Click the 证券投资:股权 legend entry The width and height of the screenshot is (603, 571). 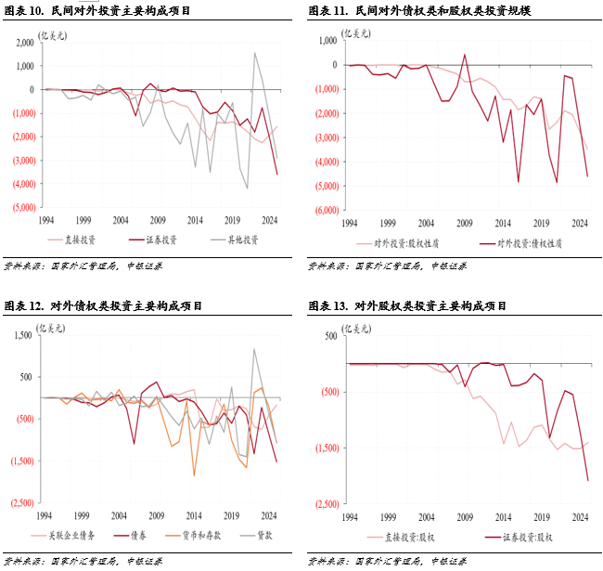click(525, 537)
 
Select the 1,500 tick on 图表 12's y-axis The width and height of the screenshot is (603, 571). click(21, 335)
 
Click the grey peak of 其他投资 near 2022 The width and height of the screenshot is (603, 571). click(254, 52)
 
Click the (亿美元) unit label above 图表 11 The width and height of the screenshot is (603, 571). click(357, 32)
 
